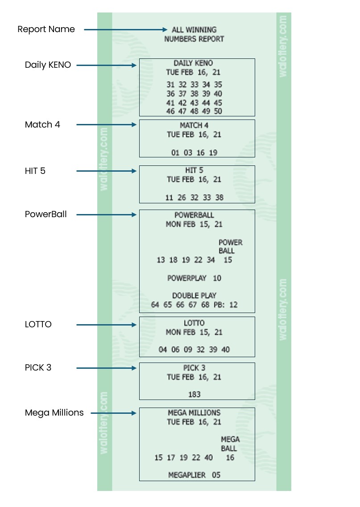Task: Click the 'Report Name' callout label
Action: click(46, 29)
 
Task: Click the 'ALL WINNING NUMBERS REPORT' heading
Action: click(194, 34)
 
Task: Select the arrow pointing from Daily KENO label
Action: click(106, 65)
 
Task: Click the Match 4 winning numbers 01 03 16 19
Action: click(194, 153)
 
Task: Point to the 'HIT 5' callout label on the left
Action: click(35, 171)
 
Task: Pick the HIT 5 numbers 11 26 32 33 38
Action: click(194, 198)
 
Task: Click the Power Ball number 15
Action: click(228, 260)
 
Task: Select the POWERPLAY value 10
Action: click(217, 278)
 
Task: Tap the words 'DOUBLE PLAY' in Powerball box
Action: click(194, 296)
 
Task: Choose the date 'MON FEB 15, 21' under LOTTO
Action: click(194, 332)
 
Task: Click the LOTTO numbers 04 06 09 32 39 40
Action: click(194, 350)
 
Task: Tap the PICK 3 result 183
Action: click(194, 394)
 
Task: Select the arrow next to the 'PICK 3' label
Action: click(106, 368)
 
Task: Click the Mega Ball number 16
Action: click(230, 458)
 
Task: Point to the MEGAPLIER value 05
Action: click(216, 475)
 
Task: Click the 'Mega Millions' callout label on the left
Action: click(54, 413)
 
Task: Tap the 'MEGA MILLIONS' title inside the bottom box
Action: click(194, 413)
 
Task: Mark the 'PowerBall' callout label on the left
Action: click(46, 214)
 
